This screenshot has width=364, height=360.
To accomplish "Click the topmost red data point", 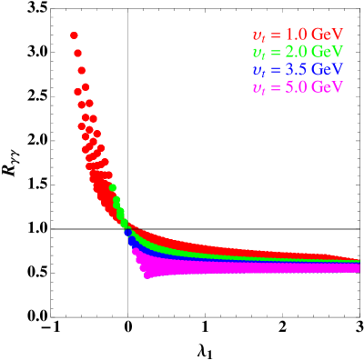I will pyautogui.click(x=74, y=35).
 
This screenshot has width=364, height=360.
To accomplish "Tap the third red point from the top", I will pyautogui.click(x=81, y=70).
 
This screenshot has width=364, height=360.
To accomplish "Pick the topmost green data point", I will pyautogui.click(x=113, y=188).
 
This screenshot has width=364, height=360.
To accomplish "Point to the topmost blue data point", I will pyautogui.click(x=126, y=230).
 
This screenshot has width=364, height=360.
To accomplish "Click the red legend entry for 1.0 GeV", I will pyautogui.click(x=297, y=35).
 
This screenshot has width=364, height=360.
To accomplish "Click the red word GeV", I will pyautogui.click(x=326, y=35).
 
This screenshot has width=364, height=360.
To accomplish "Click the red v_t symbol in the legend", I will pyautogui.click(x=258, y=35).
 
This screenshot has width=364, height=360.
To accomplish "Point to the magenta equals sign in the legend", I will pyautogui.click(x=274, y=87).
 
